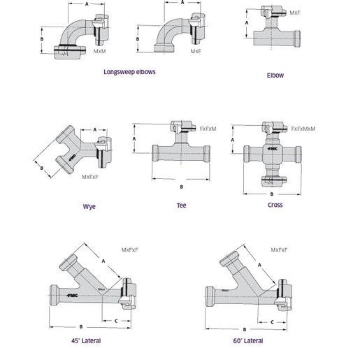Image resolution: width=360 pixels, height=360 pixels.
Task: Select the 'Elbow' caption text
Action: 275,75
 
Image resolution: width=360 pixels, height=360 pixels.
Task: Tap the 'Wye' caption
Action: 89,206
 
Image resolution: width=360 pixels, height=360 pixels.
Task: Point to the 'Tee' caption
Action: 181,206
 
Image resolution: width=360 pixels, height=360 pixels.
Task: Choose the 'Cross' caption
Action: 275,205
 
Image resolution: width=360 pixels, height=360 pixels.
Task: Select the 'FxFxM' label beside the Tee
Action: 208,129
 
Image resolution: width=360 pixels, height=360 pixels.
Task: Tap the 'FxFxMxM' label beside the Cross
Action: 303,129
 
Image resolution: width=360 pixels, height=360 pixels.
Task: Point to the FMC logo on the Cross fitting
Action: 271,150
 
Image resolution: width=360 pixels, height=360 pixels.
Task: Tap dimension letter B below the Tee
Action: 181,186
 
